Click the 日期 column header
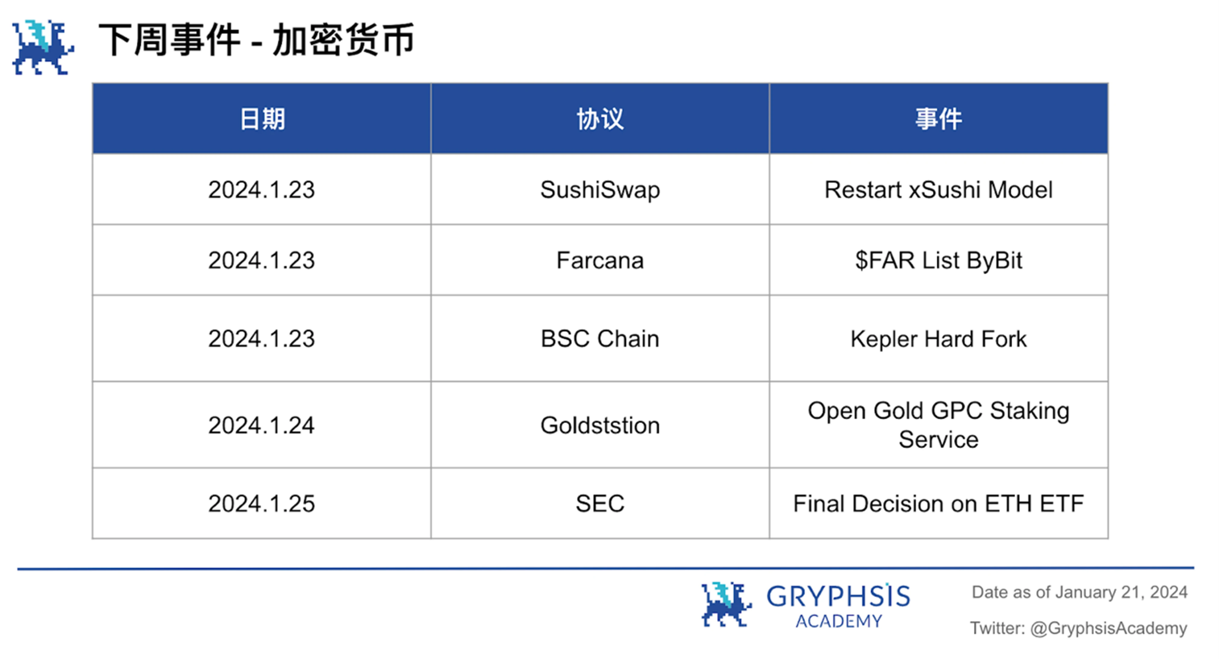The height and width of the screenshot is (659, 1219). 262,119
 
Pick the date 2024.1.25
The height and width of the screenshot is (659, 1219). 262,503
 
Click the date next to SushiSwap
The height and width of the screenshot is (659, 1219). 262,190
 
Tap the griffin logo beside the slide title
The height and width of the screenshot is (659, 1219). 42,47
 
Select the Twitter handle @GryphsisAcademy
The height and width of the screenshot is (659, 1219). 1108,628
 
